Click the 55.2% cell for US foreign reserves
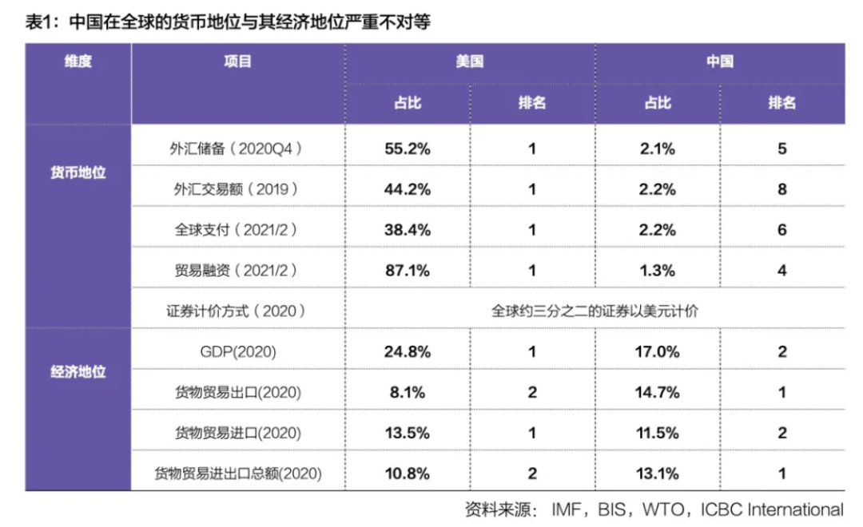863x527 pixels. [x=408, y=149]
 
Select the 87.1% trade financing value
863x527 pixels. [x=408, y=271]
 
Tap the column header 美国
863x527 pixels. [x=470, y=62]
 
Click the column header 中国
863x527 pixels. [x=719, y=62]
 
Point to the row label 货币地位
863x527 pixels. [x=78, y=173]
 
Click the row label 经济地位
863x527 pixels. [x=78, y=372]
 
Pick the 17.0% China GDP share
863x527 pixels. [x=658, y=351]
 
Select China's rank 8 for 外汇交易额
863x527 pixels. [x=781, y=189]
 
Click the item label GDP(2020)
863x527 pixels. [x=238, y=351]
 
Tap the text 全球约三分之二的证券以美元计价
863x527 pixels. [x=595, y=311]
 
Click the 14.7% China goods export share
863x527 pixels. [x=658, y=392]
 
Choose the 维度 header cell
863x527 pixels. [x=78, y=62]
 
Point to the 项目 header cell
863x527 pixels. [x=238, y=62]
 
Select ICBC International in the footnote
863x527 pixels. [x=771, y=509]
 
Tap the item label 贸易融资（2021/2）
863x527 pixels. [x=238, y=271]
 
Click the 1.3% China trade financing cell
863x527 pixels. [x=658, y=271]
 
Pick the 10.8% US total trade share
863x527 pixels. [x=408, y=474]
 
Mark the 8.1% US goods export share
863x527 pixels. [x=408, y=392]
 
